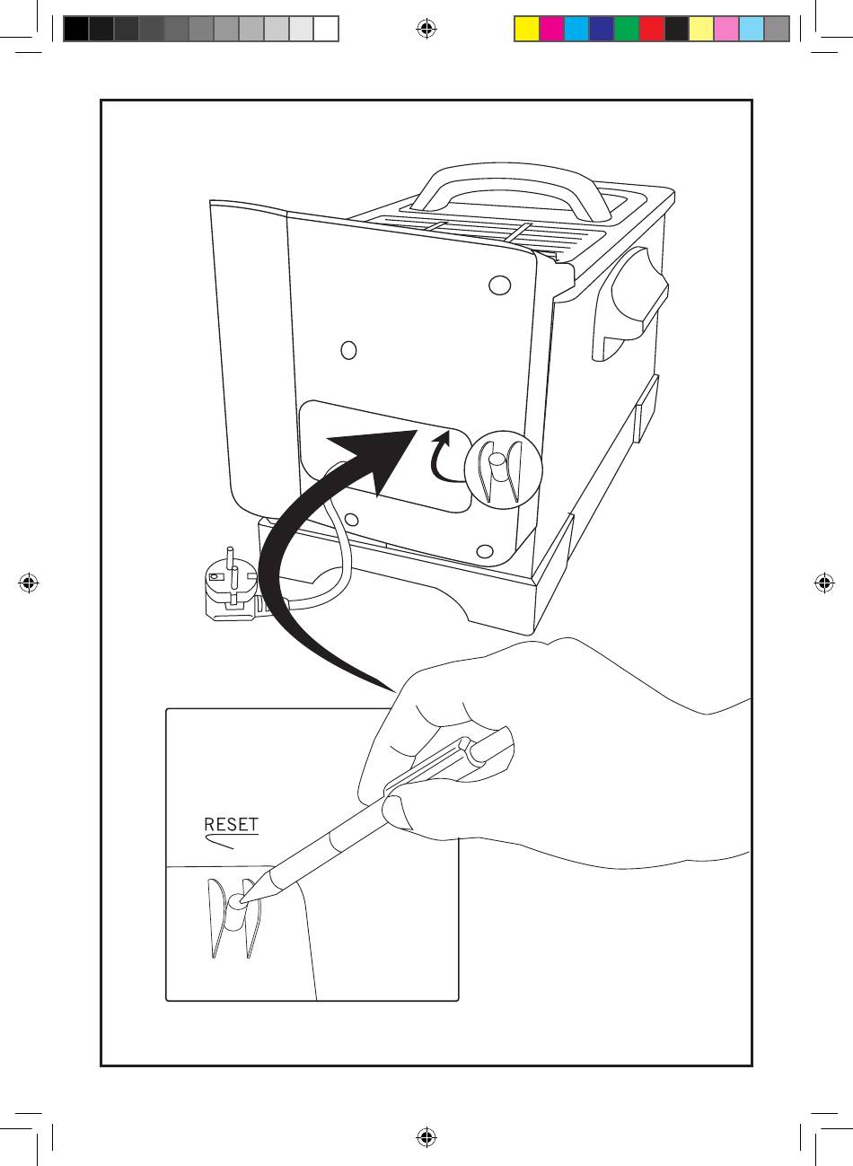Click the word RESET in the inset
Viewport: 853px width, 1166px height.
pos(231,825)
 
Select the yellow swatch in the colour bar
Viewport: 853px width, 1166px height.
pos(526,30)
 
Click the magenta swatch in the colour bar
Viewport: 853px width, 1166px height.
pos(551,30)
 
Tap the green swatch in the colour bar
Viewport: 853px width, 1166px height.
pos(627,30)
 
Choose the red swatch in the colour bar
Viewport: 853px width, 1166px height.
pos(652,30)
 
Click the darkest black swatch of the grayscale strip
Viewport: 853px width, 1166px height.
pos(76,30)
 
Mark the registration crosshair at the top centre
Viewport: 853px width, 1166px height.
pos(426,30)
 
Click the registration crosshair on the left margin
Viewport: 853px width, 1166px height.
pos(28,583)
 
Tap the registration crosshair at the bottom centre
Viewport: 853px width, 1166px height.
pos(426,1137)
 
